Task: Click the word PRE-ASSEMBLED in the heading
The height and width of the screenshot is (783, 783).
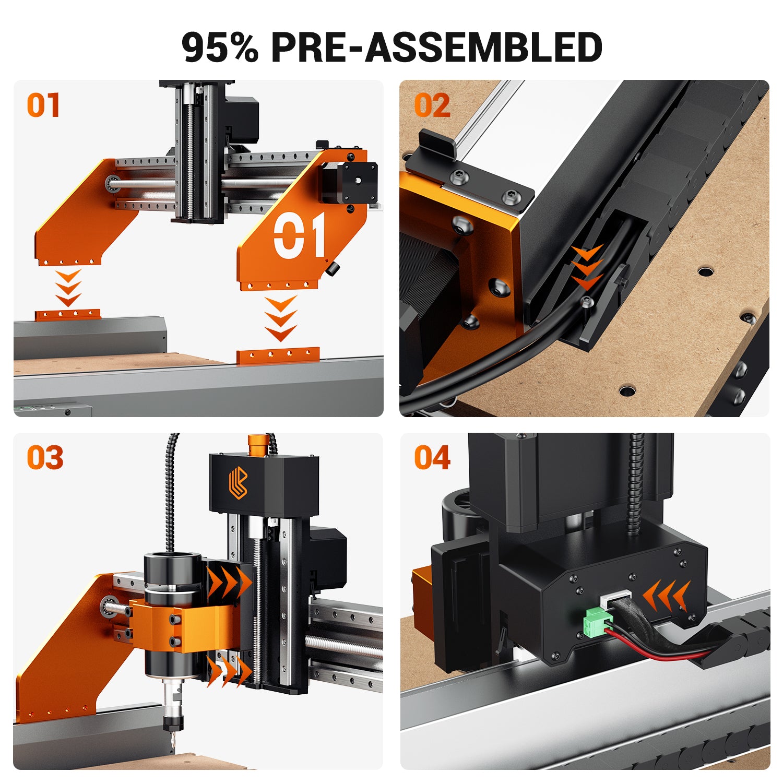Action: pos(437,47)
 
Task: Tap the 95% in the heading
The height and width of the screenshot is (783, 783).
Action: pos(219,47)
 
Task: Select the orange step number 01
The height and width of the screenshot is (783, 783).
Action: pos(43,105)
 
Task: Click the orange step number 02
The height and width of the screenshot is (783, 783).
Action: pos(432,105)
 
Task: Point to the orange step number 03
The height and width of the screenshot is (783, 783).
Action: pos(45,458)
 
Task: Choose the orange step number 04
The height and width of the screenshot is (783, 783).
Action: pos(432,458)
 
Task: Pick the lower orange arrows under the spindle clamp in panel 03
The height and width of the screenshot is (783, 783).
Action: pos(229,671)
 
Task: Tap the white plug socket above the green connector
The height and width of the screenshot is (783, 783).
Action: pos(616,599)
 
